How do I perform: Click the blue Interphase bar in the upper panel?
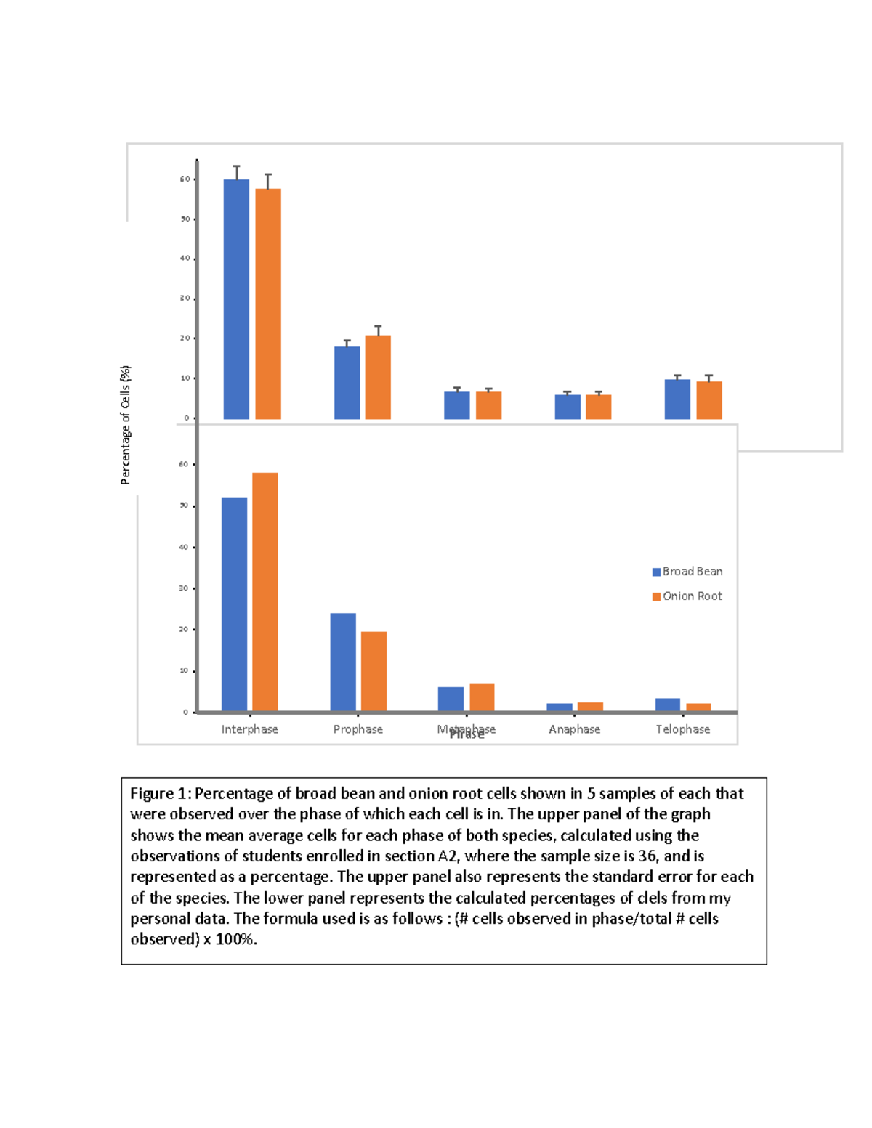point(236,299)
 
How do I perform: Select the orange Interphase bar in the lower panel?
point(265,592)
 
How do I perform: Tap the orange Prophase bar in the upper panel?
point(378,377)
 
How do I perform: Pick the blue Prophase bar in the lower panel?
point(343,662)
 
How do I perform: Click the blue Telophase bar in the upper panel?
point(677,399)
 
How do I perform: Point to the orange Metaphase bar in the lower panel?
point(482,697)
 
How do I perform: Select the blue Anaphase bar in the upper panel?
point(568,407)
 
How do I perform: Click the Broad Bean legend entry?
point(687,572)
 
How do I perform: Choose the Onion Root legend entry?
point(687,596)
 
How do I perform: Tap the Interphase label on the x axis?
point(249,729)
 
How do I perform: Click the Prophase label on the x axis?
point(358,729)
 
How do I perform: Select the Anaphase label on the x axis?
point(574,729)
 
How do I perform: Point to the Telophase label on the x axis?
point(682,729)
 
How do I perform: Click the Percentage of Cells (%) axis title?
point(126,425)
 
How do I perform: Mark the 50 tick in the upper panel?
point(185,219)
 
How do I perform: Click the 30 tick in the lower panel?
point(184,588)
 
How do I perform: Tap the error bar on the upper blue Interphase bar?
point(236,172)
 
